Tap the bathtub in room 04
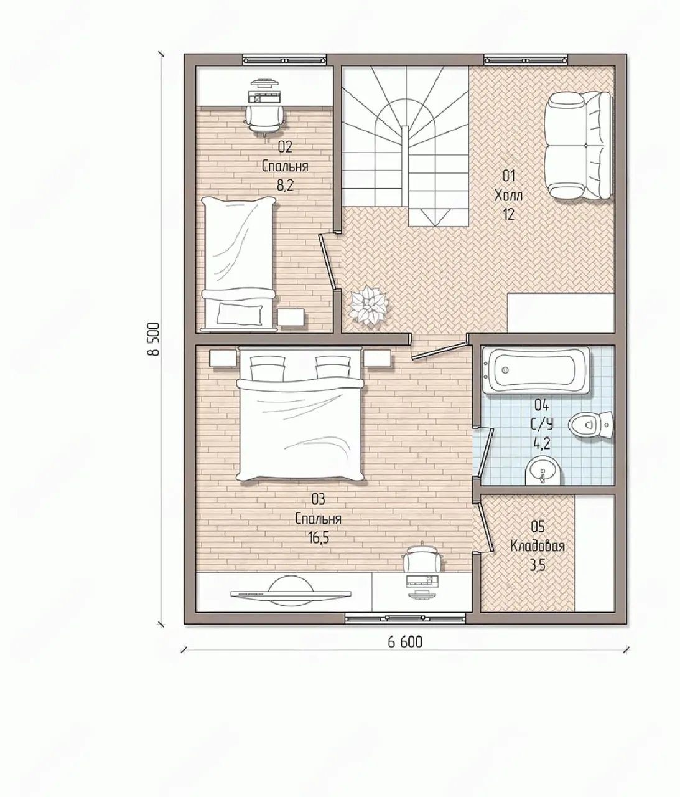536,370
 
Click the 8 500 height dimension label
154,339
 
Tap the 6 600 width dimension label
405,642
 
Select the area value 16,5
319,538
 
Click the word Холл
508,196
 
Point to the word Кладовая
538,546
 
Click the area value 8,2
285,186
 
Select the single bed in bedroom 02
239,264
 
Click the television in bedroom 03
291,593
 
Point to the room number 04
542,405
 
